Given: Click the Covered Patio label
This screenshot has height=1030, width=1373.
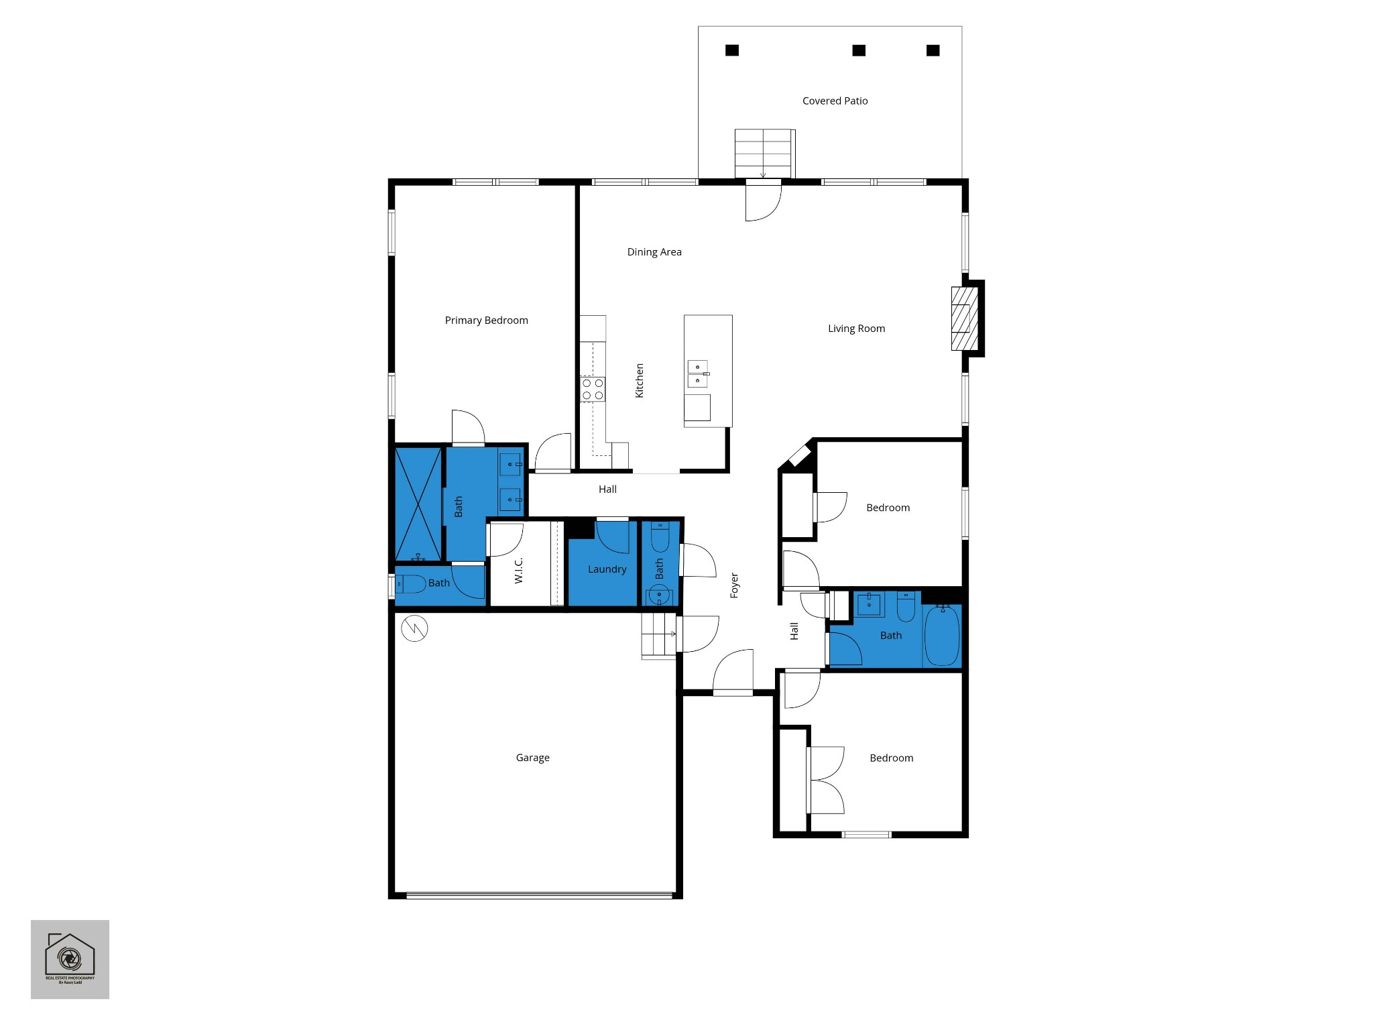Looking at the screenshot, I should pyautogui.click(x=835, y=101).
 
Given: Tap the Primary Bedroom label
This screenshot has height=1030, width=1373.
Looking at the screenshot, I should pyautogui.click(x=486, y=321).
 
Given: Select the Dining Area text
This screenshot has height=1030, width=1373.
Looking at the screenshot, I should pyautogui.click(x=654, y=252).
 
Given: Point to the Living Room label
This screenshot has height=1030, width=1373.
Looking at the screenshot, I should pyautogui.click(x=856, y=329).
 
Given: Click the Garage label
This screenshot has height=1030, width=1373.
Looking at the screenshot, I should pyautogui.click(x=532, y=758).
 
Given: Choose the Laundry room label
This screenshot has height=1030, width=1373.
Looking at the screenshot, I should pyautogui.click(x=607, y=569).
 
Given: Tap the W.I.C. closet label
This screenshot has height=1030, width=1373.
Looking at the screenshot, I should pyautogui.click(x=518, y=571).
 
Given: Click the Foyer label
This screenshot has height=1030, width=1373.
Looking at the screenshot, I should pyautogui.click(x=734, y=585).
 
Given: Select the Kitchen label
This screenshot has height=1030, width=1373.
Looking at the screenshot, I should pyautogui.click(x=640, y=380).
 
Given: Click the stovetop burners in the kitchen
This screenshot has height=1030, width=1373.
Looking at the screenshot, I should pyautogui.click(x=593, y=390).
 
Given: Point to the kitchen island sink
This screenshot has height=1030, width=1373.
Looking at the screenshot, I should pyautogui.click(x=697, y=374).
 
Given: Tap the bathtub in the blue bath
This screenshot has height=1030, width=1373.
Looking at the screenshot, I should pyautogui.click(x=942, y=635).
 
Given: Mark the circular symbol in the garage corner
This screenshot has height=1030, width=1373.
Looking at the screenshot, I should pyautogui.click(x=414, y=628).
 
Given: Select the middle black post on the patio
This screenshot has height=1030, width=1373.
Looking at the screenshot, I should pyautogui.click(x=859, y=50).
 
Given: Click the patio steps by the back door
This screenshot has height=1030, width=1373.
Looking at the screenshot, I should pyautogui.click(x=764, y=154).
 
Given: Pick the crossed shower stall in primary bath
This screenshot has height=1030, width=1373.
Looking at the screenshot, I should pyautogui.click(x=418, y=504).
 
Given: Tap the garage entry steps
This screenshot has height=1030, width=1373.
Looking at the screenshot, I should pyautogui.click(x=658, y=636).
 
